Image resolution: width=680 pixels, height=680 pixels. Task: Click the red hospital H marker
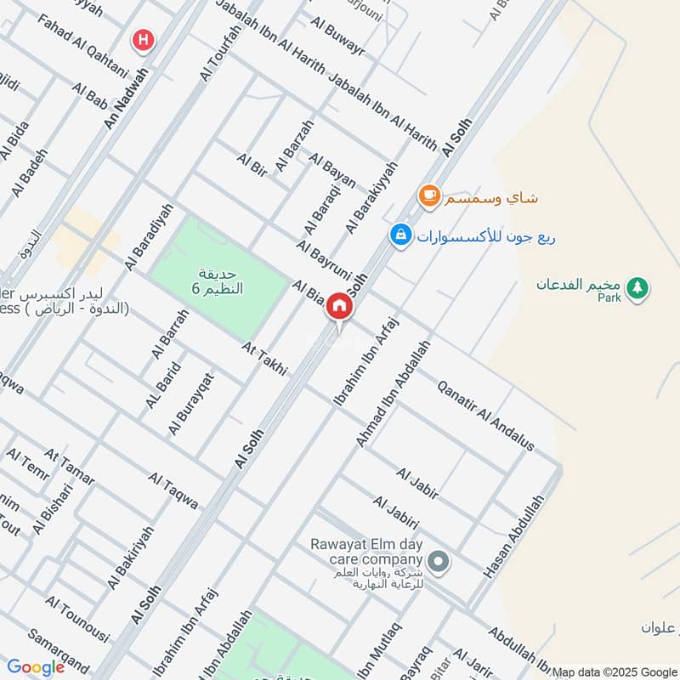(x=142, y=39)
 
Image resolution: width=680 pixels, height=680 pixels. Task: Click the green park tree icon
(x=637, y=289)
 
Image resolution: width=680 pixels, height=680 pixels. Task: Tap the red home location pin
(x=339, y=307)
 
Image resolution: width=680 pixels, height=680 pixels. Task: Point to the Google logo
(x=36, y=667)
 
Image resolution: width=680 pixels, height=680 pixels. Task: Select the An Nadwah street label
(x=126, y=99)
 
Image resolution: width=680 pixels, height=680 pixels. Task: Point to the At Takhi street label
(x=264, y=359)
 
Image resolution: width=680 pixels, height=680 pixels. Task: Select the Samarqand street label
(x=59, y=649)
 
